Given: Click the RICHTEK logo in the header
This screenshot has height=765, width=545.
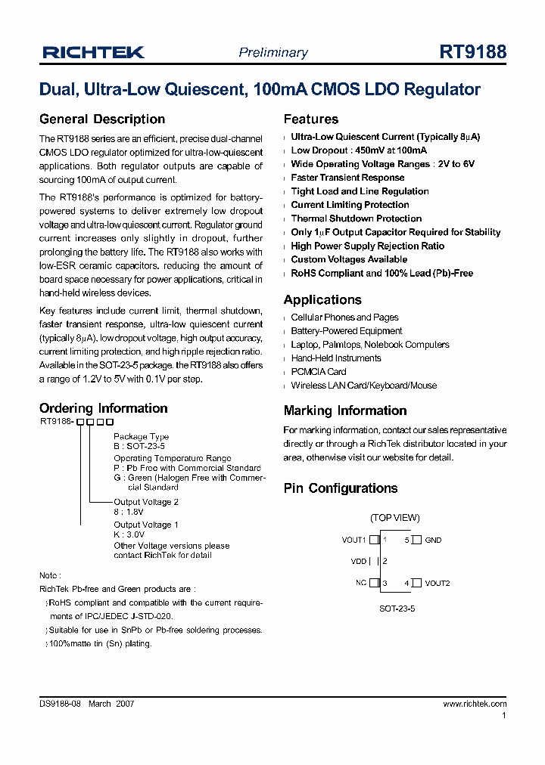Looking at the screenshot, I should [x=93, y=52].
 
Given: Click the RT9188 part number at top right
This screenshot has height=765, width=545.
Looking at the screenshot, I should [x=472, y=52].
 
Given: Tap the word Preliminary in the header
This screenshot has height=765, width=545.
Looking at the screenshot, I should [x=273, y=53].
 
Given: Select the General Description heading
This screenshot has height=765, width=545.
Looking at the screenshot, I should [x=101, y=119].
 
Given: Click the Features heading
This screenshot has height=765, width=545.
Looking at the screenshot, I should [x=310, y=119].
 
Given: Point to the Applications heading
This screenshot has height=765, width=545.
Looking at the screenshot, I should [x=322, y=300].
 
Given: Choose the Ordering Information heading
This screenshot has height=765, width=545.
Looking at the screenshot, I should [x=103, y=408].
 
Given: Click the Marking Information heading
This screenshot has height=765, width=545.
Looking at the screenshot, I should [x=344, y=411].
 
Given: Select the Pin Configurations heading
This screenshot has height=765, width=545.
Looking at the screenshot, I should [x=340, y=488].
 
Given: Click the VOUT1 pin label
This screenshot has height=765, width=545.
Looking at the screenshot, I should [x=353, y=540].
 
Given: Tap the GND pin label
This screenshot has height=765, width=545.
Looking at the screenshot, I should [x=433, y=540].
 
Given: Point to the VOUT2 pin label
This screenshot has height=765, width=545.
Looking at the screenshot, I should [x=437, y=584].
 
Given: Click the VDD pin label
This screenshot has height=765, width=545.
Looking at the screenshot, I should [x=358, y=562].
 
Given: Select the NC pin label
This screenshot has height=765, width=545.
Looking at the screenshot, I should [x=361, y=583].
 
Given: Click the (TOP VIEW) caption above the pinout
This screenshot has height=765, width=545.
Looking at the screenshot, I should [x=394, y=519].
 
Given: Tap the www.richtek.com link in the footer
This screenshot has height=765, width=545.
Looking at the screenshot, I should [x=475, y=704].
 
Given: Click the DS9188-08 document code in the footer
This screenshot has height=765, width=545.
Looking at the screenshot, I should [x=60, y=704].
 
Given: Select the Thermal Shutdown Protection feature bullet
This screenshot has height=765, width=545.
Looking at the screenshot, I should [x=356, y=218].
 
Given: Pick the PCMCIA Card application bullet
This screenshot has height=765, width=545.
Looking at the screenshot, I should [x=318, y=372].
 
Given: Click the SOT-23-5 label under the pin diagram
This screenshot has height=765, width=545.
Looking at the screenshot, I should [x=396, y=607].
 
